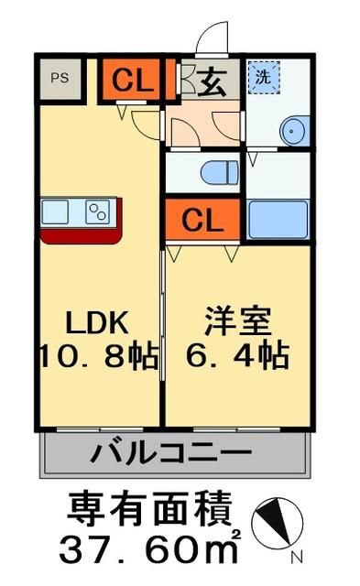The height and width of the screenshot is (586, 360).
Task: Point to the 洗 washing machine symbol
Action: pos(264,78)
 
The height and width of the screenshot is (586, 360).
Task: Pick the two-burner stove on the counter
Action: pos(97,212)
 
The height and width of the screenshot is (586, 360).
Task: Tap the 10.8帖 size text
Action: pos(96,354)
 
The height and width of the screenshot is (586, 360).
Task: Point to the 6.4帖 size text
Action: pos(235,354)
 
